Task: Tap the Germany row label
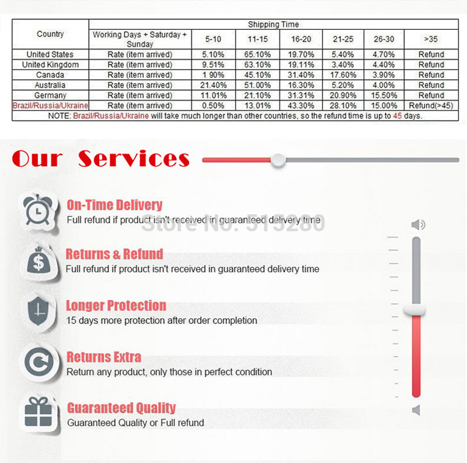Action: point(50,95)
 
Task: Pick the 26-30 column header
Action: point(384,39)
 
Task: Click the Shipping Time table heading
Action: point(273,25)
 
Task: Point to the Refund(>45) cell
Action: point(431,106)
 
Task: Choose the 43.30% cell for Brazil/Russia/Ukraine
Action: point(302,106)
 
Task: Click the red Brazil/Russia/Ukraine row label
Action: point(50,106)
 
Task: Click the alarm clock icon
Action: point(39,211)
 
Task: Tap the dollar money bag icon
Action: point(39,261)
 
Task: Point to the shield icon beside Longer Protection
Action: point(39,311)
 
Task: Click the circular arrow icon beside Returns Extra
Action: point(39,362)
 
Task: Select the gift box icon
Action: point(39,413)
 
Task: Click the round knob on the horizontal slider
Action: point(278,159)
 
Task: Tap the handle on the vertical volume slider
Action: point(416,310)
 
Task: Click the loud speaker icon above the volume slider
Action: point(418,225)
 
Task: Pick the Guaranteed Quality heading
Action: point(121,408)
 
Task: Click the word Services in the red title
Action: point(134,159)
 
